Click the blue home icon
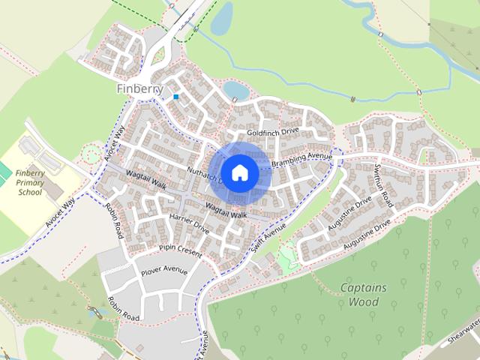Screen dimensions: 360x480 (239, 172)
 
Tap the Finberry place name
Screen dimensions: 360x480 (139, 88)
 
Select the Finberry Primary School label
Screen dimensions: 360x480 (30, 182)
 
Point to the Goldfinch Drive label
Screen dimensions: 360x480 (273, 131)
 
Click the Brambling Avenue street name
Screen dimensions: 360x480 (301, 159)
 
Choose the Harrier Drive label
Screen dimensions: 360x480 (188, 221)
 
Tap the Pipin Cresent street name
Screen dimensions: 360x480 (180, 250)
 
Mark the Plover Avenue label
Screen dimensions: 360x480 (163, 271)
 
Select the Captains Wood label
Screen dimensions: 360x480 (364, 295)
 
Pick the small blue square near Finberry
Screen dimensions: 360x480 (176, 97)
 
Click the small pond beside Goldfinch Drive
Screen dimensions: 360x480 (235, 91)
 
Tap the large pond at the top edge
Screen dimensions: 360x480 (222, 18)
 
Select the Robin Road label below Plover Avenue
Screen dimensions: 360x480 (123, 307)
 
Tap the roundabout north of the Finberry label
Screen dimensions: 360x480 (159, 55)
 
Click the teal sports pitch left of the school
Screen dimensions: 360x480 (4, 172)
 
